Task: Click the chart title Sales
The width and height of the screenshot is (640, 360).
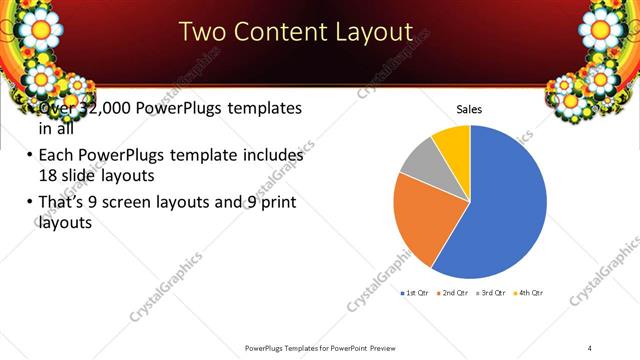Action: point(470,109)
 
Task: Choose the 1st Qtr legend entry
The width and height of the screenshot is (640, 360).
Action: point(415,293)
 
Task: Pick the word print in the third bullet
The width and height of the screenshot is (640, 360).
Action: point(276,203)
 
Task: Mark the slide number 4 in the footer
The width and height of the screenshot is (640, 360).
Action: point(590,347)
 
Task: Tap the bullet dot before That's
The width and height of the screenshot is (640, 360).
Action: point(27,204)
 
